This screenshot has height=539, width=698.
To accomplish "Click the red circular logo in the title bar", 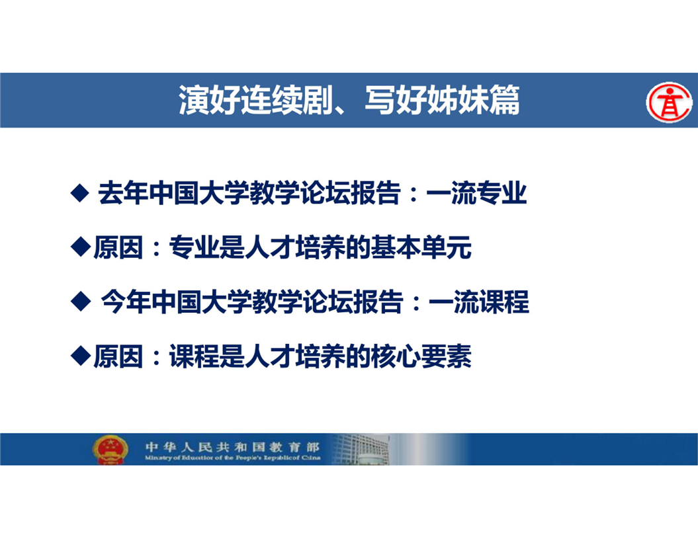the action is pyautogui.click(x=669, y=102).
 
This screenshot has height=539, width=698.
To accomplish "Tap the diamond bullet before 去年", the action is pyautogui.click(x=80, y=193).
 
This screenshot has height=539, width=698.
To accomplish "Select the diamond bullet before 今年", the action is pyautogui.click(x=81, y=302).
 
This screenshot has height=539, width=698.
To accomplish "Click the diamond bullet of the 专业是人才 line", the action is pyautogui.click(x=81, y=247).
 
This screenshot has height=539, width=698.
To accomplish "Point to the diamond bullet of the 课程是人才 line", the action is pyautogui.click(x=81, y=356).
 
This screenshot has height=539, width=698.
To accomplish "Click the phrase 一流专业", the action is pyautogui.click(x=476, y=193).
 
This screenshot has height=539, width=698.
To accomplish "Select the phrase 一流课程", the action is pyautogui.click(x=479, y=302).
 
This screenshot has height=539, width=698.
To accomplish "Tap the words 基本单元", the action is pyautogui.click(x=421, y=247).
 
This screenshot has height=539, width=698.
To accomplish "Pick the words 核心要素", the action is pyautogui.click(x=421, y=356).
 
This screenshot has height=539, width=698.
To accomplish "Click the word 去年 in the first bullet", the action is pyautogui.click(x=123, y=193).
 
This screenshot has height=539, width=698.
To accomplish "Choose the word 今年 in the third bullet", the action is pyautogui.click(x=126, y=302).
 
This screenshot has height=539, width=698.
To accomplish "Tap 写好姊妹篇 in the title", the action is pyautogui.click(x=442, y=100).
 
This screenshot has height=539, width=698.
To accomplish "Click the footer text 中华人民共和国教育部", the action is pyautogui.click(x=232, y=446).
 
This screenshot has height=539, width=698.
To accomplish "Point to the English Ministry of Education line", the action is pyautogui.click(x=232, y=458).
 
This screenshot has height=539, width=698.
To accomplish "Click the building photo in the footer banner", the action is pyautogui.click(x=361, y=449).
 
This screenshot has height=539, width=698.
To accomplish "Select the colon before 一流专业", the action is pyautogui.click(x=414, y=194).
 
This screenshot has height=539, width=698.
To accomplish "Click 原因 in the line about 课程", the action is pyautogui.click(x=118, y=356).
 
